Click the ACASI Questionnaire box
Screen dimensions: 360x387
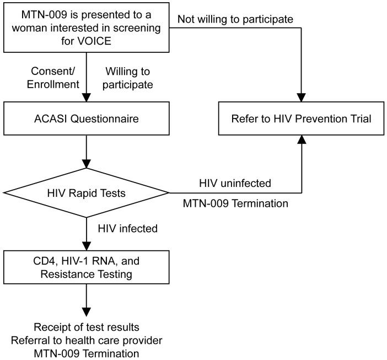[85, 119]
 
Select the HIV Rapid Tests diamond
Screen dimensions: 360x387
[85, 192]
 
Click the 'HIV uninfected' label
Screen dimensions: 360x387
[235, 182]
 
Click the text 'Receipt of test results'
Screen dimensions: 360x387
[85, 327]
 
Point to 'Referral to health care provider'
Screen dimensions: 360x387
[85, 339]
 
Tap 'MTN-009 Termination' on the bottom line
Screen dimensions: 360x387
[85, 351]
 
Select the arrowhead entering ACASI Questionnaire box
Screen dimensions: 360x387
[85, 98]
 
